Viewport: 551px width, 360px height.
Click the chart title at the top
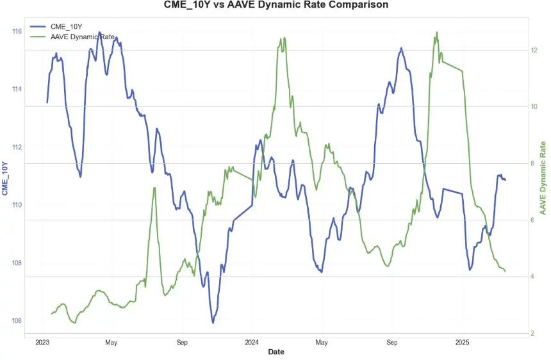[275, 6]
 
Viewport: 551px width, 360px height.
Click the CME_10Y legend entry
[66, 26]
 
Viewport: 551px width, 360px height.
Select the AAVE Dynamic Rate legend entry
[82, 37]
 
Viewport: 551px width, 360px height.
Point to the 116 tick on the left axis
[17, 31]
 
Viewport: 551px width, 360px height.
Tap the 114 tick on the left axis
[17, 89]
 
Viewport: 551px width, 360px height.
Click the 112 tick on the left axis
[17, 147]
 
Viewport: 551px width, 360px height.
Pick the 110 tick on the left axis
[17, 205]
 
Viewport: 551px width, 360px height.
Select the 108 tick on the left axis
[17, 263]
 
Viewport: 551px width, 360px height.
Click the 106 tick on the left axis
[17, 321]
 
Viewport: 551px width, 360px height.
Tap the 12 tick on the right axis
[534, 50]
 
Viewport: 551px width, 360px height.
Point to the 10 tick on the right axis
[534, 106]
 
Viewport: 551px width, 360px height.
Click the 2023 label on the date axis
[42, 343]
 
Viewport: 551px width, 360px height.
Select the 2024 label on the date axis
[252, 343]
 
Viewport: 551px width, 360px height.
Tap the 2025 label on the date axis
[463, 343]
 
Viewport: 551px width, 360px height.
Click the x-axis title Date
[276, 352]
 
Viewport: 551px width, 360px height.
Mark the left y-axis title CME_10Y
[5, 178]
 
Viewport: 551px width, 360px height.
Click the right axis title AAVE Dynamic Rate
[544, 177]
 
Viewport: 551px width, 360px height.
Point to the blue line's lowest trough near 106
[213, 322]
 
